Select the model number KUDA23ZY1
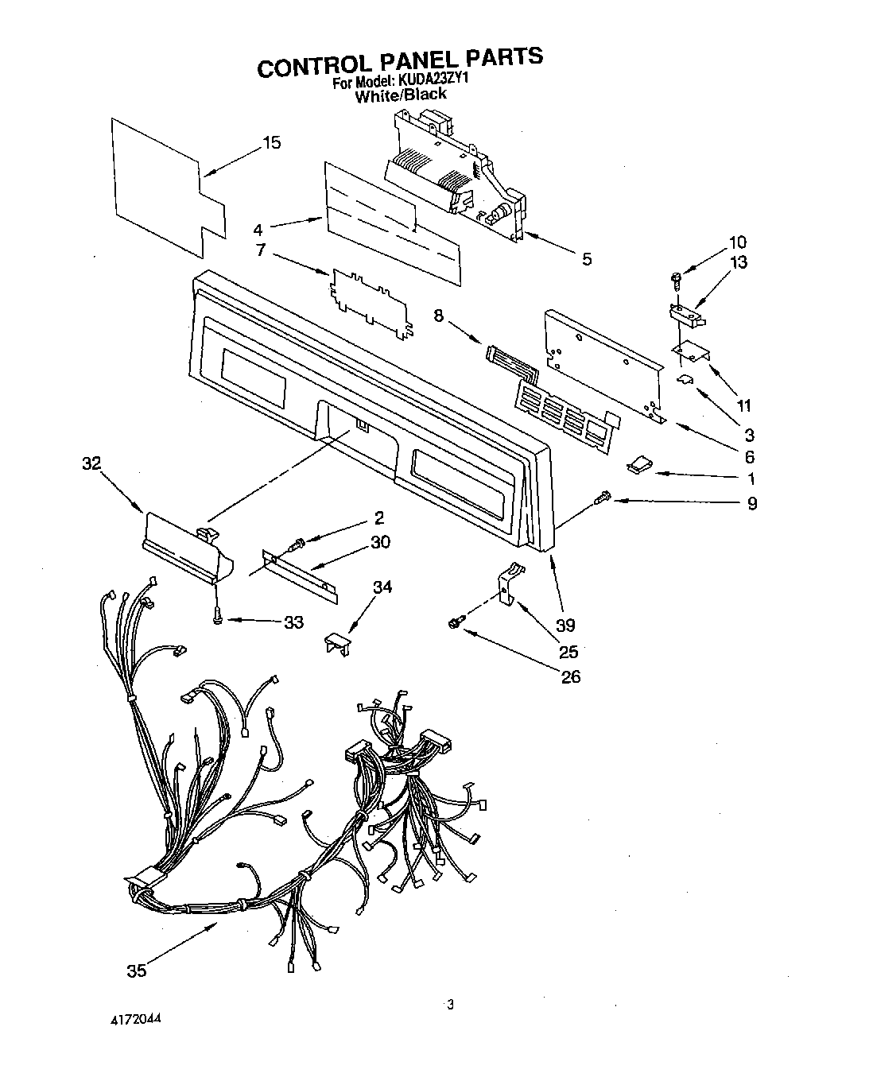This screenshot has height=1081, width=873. point(431,80)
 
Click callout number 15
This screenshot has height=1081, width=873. point(271,143)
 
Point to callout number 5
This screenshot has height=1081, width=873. point(586,259)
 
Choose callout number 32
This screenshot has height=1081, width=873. point(92,463)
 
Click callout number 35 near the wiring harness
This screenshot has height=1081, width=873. point(137,971)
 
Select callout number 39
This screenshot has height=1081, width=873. point(565,625)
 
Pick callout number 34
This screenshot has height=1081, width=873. point(382,587)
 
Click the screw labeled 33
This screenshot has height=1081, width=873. point(216,618)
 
